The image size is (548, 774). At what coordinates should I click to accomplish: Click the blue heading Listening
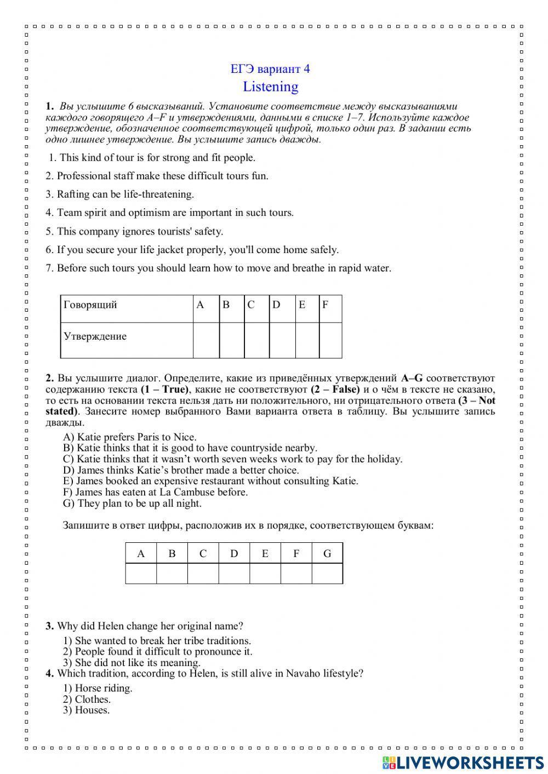[x=271, y=87]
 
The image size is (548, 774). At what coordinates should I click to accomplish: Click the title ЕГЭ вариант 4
[x=270, y=69]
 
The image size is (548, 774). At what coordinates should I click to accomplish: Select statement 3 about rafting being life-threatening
[x=119, y=194]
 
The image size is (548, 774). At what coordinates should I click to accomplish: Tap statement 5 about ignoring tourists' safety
[x=134, y=231]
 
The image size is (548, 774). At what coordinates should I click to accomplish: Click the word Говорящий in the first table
[x=90, y=305]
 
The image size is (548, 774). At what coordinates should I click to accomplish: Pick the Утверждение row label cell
[x=95, y=336]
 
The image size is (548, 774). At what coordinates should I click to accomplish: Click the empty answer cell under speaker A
[x=206, y=340]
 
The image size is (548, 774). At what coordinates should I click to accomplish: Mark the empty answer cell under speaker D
[x=282, y=340]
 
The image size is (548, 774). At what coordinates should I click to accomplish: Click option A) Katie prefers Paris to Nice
[x=130, y=437]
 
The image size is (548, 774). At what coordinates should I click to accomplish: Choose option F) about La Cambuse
[x=156, y=492]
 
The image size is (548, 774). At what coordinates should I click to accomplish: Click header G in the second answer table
[x=327, y=553]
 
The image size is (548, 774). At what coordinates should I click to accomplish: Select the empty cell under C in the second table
[x=203, y=574]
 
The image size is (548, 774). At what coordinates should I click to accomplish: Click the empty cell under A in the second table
[x=141, y=574]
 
